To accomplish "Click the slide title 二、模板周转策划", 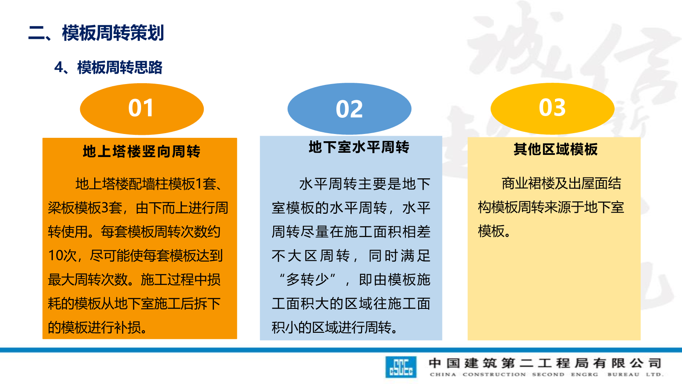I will [x=96, y=33].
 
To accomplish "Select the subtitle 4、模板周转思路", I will [x=108, y=67].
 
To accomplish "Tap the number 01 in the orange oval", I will [x=141, y=108].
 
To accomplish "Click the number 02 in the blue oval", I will [x=349, y=109].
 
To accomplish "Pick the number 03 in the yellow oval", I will [x=552, y=108].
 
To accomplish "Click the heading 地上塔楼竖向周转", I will [x=141, y=151].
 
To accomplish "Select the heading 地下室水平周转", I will [x=359, y=147].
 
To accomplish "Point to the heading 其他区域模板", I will [x=555, y=149].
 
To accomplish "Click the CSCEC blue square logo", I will [x=401, y=367].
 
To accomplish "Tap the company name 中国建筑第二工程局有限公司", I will [x=545, y=363].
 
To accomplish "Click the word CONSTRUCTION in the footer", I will [x=494, y=375].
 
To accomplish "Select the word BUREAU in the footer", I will [x=623, y=375].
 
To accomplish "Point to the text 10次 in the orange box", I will [x=62, y=256].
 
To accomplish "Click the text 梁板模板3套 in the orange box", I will [x=85, y=208].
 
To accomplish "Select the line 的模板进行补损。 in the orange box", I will [x=98, y=328].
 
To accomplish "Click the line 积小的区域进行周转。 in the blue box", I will [x=335, y=328].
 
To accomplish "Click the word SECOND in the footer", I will [x=548, y=375].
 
